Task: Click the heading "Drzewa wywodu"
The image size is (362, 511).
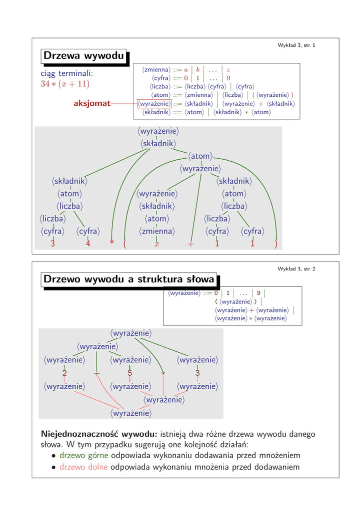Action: tap(83, 56)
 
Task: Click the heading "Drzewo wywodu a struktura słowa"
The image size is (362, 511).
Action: tap(129, 279)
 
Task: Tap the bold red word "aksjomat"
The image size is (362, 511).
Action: tap(92, 103)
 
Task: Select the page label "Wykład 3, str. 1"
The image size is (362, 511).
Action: tap(296, 45)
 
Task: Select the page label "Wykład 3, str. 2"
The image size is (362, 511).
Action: tap(296, 269)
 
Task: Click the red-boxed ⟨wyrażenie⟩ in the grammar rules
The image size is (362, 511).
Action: tap(154, 104)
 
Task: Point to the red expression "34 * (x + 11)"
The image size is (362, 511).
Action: tap(65, 84)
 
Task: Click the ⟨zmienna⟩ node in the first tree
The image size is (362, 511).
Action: tap(156, 232)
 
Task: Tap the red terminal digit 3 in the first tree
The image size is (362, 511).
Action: tap(52, 244)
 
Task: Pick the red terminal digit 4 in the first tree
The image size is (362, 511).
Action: tap(87, 244)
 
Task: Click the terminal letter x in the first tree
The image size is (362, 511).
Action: tap(156, 244)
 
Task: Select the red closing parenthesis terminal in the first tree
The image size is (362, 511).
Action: tap(275, 244)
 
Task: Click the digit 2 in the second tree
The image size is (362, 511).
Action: tap(64, 373)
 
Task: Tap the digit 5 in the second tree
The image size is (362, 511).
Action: tap(129, 373)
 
